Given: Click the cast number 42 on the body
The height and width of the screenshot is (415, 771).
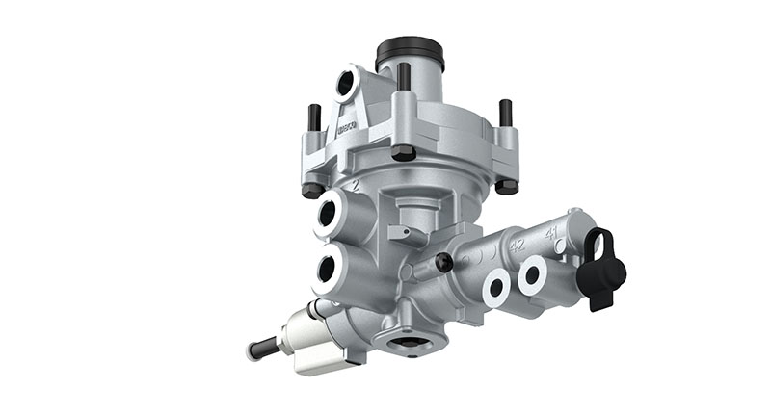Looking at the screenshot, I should (x=517, y=245).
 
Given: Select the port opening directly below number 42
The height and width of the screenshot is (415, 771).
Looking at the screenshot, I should (x=498, y=286).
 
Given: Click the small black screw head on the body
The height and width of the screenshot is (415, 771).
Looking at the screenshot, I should (x=443, y=262).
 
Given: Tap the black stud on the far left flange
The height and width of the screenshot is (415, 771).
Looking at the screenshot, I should (x=313, y=119).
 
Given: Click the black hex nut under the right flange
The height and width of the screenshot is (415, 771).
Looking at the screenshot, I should (x=506, y=186).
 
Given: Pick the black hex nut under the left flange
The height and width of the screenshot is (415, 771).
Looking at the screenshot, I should (x=312, y=191).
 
